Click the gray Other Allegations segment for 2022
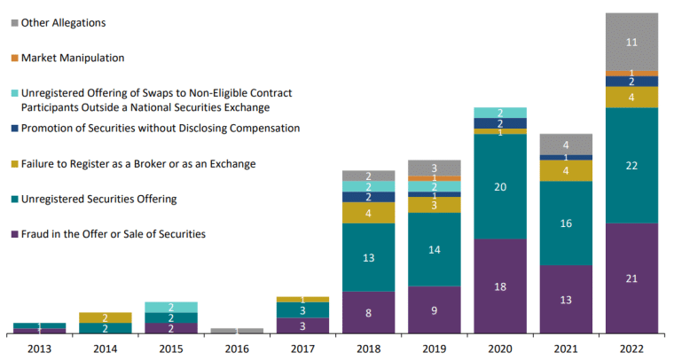(631, 42)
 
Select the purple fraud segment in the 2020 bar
(499, 286)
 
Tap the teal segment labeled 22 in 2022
(631, 165)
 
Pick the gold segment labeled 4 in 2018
(368, 213)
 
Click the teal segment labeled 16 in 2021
(565, 223)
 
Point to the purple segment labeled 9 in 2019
(434, 309)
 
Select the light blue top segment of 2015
(171, 307)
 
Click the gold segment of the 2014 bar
(106, 317)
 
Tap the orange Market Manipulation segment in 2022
(631, 73)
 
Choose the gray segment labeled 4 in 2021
(565, 144)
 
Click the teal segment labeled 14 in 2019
(434, 249)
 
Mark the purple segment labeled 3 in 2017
(302, 325)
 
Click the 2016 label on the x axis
(237, 349)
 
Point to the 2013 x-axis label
(40, 349)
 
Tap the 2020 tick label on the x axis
(499, 349)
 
